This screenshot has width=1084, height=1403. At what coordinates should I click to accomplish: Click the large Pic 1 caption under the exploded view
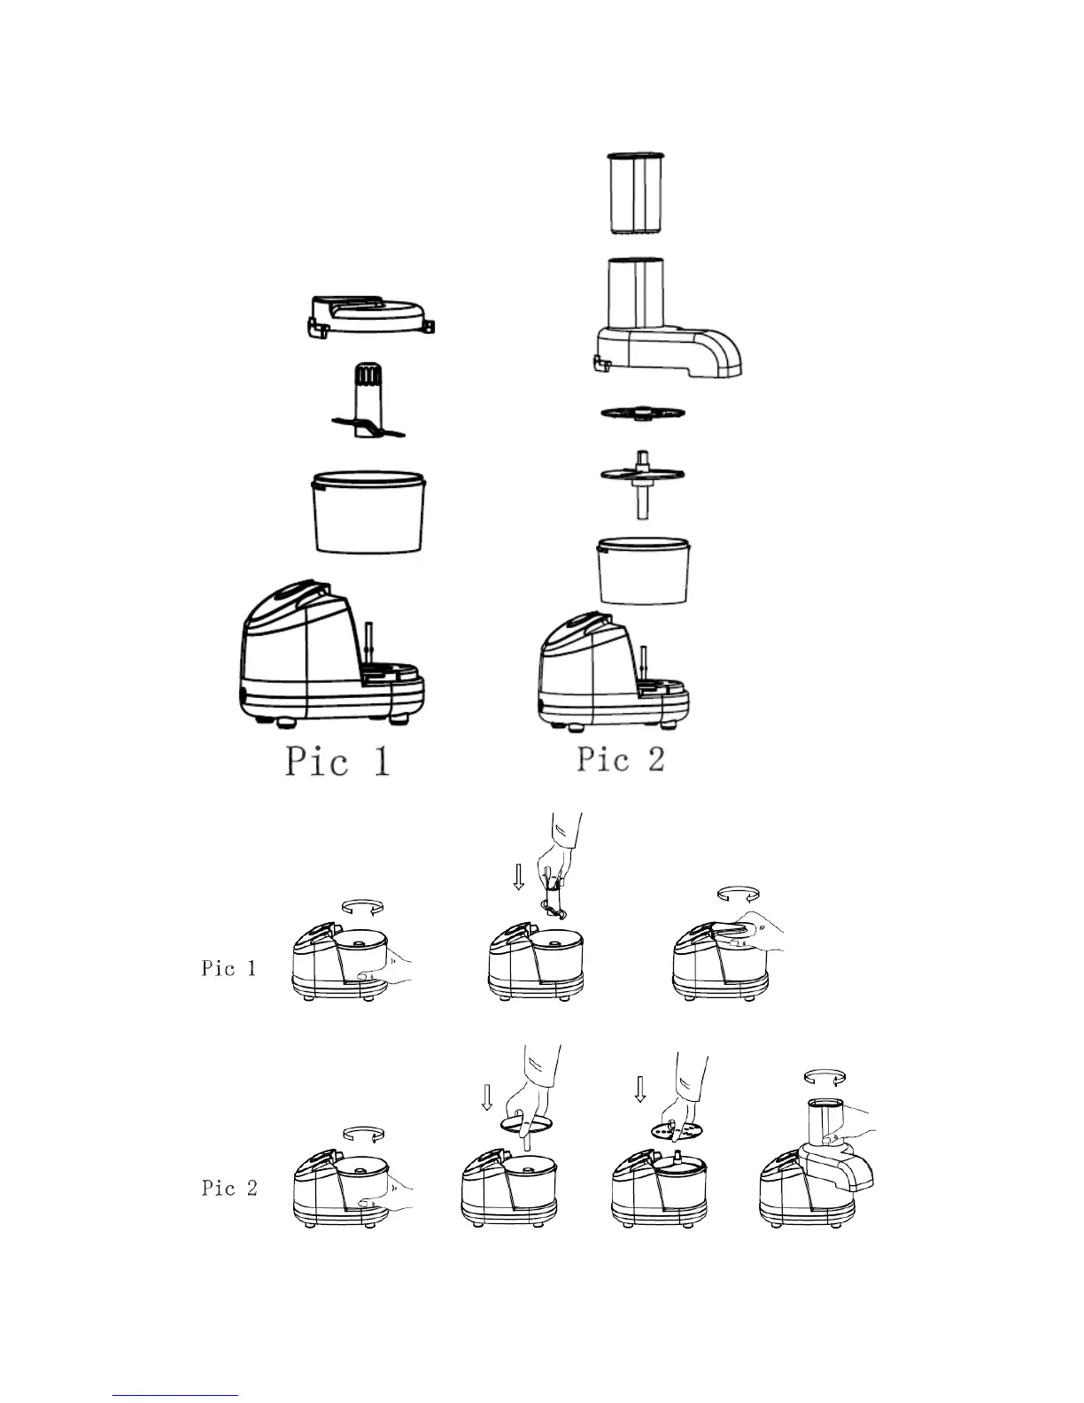[337, 762]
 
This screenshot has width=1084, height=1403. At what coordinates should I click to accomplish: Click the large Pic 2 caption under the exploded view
[621, 759]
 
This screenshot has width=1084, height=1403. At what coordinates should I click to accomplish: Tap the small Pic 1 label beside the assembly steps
[228, 968]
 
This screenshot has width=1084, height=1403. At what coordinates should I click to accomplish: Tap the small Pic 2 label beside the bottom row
[229, 1188]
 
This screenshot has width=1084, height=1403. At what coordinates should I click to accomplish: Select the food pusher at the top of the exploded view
[634, 194]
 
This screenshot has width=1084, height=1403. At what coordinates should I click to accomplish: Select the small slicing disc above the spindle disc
[643, 414]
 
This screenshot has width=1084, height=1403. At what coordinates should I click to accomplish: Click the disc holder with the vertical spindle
[642, 483]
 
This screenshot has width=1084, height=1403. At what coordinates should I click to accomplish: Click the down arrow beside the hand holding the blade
[519, 877]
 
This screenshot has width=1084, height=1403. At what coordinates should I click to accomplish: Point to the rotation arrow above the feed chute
[824, 1077]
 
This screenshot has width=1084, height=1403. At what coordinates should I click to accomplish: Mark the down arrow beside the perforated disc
[640, 1089]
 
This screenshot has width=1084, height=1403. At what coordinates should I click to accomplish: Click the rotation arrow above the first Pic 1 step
[362, 905]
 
